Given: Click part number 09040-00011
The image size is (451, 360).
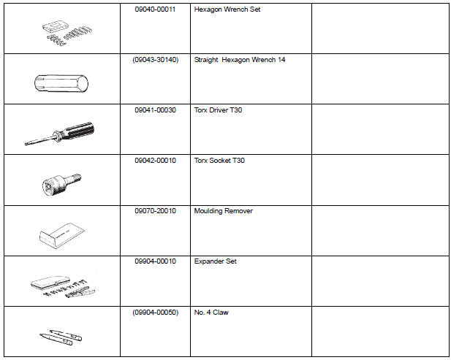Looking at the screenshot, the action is coord(155,9).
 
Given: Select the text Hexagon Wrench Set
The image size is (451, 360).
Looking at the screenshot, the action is coord(227,9).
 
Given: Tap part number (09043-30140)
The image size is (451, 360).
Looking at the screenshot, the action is coord(155,60).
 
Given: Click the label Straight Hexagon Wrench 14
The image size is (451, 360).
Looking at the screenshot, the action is coord(240,60).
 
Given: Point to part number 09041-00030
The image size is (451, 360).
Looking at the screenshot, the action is coord(155,110).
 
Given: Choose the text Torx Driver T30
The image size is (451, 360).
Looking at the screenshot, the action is coord(218,110).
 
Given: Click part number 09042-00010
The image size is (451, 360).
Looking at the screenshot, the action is coord(155,161).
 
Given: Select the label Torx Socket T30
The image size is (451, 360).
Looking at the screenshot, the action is coord(219,161).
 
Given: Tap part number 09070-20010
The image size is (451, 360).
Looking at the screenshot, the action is coord(155,211).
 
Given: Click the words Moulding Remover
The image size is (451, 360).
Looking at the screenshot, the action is coord(224,211).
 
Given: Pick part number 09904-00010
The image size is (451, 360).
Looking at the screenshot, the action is coord(155,261).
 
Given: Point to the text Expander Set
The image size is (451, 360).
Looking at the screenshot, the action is coord(215,261).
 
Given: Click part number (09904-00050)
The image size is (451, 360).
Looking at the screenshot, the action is coord(155,313).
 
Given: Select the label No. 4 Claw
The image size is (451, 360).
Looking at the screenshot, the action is coord(211,313).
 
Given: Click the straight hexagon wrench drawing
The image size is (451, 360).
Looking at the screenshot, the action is coord(61,83).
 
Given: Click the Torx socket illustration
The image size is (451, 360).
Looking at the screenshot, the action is coord(61,185).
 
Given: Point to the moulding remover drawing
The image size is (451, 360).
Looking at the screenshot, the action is coord(61,235).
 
